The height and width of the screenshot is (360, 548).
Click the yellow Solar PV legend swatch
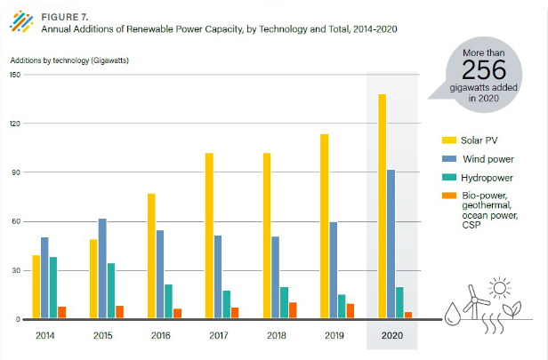(x=450, y=140)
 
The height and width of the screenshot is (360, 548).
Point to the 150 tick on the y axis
(x=15, y=75)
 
